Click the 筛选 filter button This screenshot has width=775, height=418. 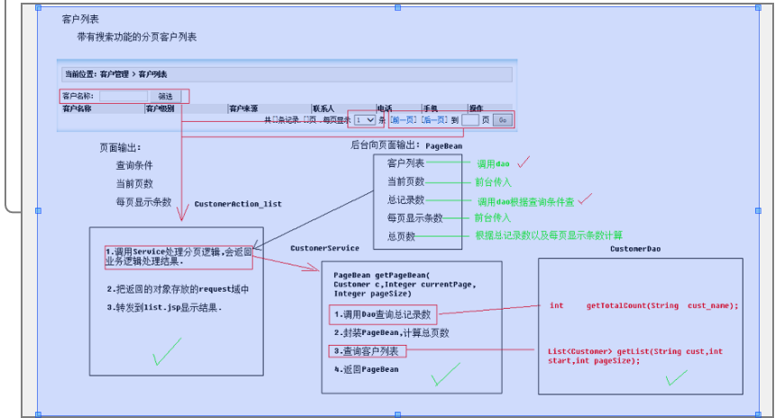coord(166,96)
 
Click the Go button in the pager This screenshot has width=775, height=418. coord(502,119)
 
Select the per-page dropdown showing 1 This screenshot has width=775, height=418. coord(365,119)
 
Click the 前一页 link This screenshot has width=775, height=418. coord(404,119)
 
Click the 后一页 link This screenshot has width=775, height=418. coord(434,119)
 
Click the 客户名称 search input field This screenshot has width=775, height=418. coord(123,96)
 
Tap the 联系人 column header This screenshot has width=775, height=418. coord(324,108)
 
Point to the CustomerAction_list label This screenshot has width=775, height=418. coord(238,204)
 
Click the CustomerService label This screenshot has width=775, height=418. coord(324,247)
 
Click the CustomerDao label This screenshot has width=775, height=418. coord(635,248)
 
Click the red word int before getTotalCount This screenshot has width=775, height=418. coord(557,305)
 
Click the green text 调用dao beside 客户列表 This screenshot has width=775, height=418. coord(493,164)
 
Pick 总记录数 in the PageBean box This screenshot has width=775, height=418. coord(406,200)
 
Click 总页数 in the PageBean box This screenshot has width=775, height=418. coord(401,236)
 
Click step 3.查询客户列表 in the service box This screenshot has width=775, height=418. coord(367,350)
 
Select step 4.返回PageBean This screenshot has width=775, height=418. coord(366,368)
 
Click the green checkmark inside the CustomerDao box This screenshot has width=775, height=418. coord(676,377)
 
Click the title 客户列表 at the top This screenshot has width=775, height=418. coord(81,19)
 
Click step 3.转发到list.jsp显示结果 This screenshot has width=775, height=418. coord(163,308)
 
